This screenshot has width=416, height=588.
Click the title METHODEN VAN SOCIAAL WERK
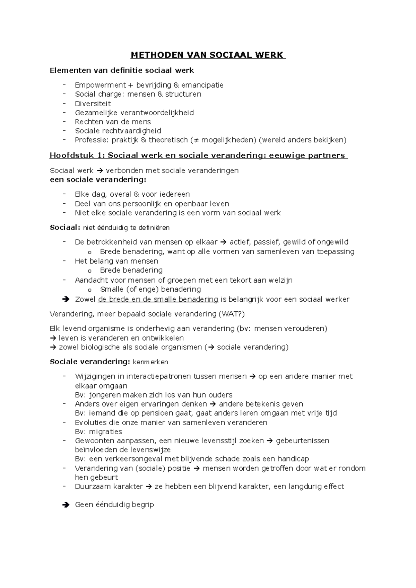[x=207, y=55]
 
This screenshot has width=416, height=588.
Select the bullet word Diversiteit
[x=93, y=104]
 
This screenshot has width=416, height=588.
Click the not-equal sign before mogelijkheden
[x=197, y=140]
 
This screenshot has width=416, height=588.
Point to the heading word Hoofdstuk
[x=71, y=155]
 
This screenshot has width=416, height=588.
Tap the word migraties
[x=106, y=432]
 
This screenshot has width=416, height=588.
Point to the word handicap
[x=293, y=459]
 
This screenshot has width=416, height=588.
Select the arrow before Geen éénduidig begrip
[x=65, y=505]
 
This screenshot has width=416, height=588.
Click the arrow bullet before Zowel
[x=65, y=300]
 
